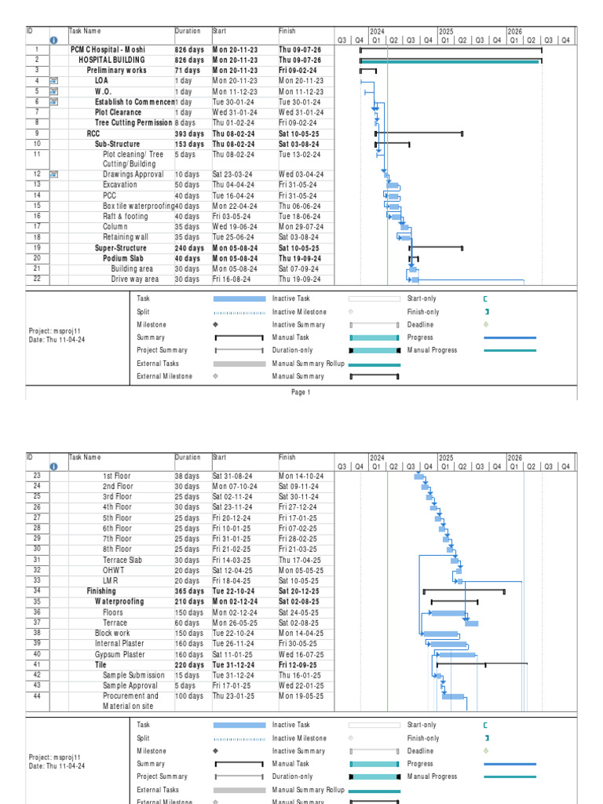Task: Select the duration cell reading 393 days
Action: [188, 133]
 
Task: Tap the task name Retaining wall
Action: [125, 237]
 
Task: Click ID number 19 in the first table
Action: [37, 247]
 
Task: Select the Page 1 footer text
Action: [301, 393]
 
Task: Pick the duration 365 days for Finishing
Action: [188, 591]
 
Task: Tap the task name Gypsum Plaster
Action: [119, 654]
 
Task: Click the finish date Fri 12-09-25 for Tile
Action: [299, 664]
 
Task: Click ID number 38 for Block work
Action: [37, 633]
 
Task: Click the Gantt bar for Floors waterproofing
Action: [448, 612]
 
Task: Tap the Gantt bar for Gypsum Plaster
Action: [455, 654]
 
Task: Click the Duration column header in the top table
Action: [188, 31]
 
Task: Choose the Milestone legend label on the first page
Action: [151, 324]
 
